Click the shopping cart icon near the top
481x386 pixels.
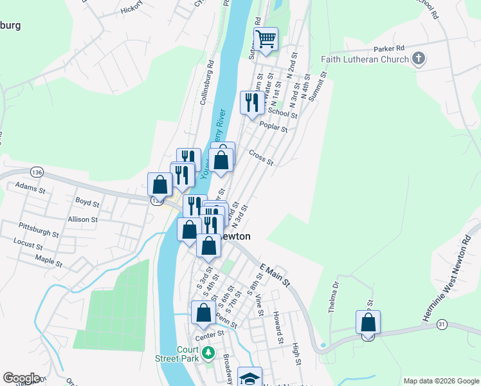coord(266,39)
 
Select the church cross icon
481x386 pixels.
coord(419,60)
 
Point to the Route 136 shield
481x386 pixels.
coord(37,172)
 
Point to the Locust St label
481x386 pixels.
coord(28,246)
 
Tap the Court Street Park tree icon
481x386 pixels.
coord(208,352)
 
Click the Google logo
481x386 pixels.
coord(21,378)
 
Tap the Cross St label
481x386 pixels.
coord(261,158)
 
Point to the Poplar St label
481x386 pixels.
coord(273,127)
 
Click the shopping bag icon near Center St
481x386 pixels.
coord(203,313)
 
